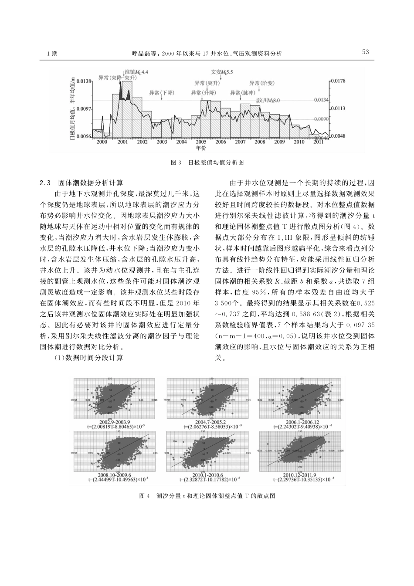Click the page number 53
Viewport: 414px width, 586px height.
[x=365, y=52]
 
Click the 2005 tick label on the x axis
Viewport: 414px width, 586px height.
[x=201, y=142]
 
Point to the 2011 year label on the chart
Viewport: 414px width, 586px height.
[x=319, y=142]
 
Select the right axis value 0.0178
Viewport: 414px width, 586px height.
[x=338, y=81]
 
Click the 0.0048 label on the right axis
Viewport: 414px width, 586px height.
[x=338, y=136]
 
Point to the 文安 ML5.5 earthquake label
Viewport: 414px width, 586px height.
[x=222, y=72]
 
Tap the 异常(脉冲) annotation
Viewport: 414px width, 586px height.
[x=241, y=93]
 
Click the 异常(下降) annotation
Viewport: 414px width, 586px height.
[x=162, y=93]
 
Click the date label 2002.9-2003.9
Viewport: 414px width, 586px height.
[x=112, y=422]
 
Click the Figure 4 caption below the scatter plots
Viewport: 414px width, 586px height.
[x=207, y=496]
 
